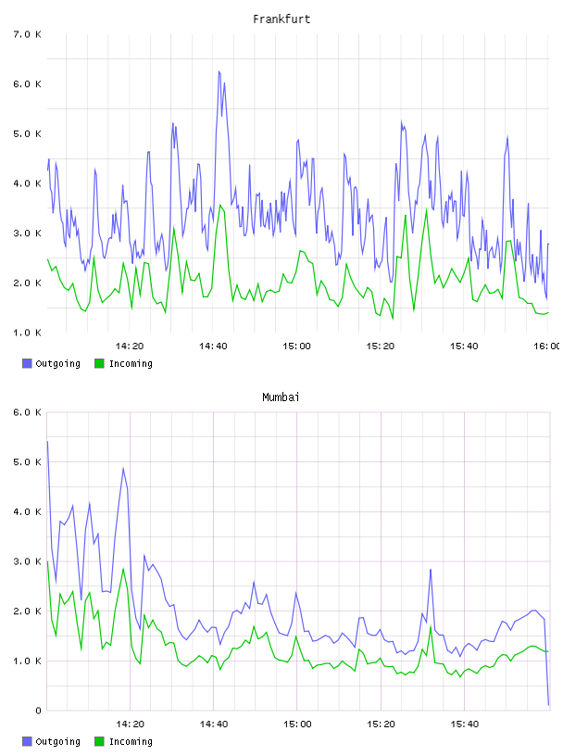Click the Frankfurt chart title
tap(281, 19)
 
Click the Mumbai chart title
tap(281, 397)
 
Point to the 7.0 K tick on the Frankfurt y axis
tap(27, 34)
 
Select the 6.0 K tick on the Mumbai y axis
tap(27, 412)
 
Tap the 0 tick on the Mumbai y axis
tap(38, 711)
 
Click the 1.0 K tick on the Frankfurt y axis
tap(27, 333)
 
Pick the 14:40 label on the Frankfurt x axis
tap(213, 346)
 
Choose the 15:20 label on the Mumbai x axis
tap(381, 724)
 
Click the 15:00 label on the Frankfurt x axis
tap(296, 346)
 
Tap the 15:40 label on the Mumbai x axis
tap(464, 724)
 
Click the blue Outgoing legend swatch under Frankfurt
tap(27, 363)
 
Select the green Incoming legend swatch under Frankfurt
tap(99, 363)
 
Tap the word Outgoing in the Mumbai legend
tap(57, 741)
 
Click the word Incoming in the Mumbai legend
tap(131, 741)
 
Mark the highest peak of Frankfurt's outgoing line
tap(219, 71)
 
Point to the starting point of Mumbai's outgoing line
tap(47, 441)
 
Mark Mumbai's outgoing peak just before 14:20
tap(123, 468)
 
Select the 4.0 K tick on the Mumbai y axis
tap(27, 511)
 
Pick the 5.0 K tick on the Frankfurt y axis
tap(27, 133)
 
